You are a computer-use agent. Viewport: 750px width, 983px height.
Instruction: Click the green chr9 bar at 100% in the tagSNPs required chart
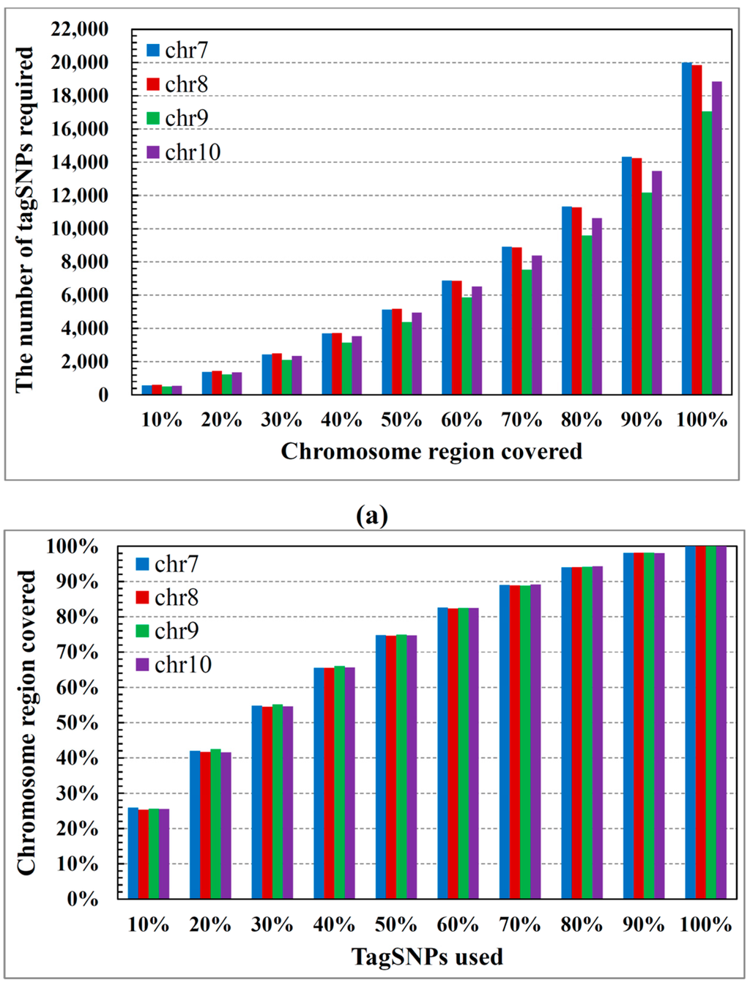tap(707, 253)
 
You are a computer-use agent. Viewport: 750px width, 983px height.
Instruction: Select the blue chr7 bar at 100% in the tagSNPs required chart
tap(686, 229)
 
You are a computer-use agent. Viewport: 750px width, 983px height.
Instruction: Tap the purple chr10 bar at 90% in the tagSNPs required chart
tap(657, 283)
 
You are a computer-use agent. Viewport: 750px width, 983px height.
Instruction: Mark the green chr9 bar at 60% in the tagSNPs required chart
tap(467, 346)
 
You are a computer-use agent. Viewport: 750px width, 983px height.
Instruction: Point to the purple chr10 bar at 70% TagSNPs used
tap(535, 741)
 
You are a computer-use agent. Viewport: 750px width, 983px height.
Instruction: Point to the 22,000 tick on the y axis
tap(80, 29)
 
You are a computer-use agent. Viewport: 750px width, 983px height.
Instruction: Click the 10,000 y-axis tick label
tap(80, 229)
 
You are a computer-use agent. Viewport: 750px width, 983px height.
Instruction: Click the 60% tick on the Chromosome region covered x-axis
tap(461, 420)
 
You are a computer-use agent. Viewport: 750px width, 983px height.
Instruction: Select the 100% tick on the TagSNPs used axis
tap(705, 924)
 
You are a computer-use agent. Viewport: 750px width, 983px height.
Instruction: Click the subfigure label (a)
tap(372, 516)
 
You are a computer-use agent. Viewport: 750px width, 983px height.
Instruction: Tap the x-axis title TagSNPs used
tap(427, 957)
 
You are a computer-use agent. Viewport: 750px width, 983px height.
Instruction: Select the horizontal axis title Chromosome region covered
tap(431, 451)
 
